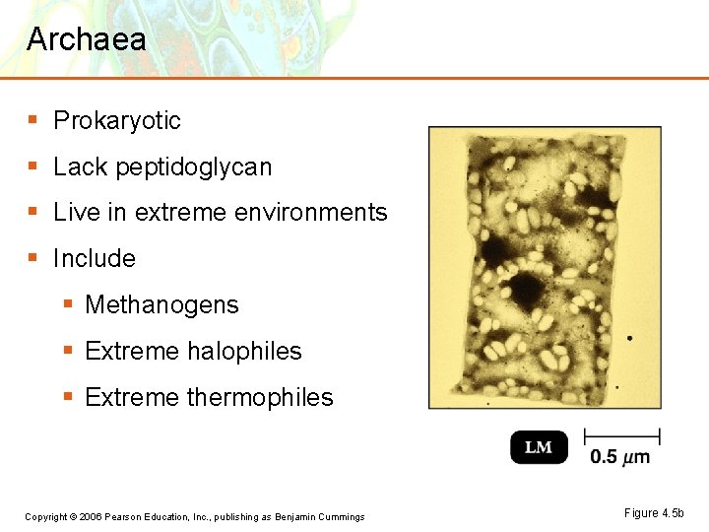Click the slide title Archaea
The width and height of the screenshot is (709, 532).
point(87,39)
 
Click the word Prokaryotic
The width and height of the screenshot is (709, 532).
point(117,121)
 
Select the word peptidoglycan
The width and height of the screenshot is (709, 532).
point(193,167)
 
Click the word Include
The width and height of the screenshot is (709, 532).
point(95,259)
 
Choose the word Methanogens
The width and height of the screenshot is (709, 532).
point(161,305)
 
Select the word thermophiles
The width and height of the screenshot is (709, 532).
point(260,398)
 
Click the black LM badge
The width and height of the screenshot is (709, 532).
point(539,447)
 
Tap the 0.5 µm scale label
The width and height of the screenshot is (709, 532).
point(620,457)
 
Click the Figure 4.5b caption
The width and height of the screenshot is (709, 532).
point(653,513)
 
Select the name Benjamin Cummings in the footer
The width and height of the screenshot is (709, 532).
point(319,517)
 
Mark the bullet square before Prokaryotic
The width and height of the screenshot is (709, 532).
point(33,120)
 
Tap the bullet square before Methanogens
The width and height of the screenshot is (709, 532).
point(67,304)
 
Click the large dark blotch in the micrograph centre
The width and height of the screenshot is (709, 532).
point(526,290)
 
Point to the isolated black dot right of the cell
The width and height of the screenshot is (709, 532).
point(629,339)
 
